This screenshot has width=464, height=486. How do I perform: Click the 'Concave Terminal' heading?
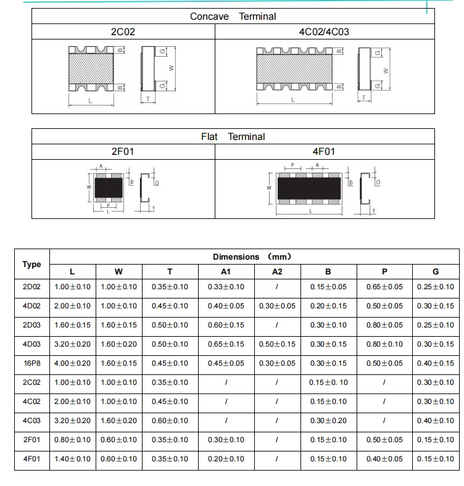point(233,17)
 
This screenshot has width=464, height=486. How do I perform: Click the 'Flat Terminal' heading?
point(233,137)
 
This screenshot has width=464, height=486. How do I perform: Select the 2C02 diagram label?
point(122,31)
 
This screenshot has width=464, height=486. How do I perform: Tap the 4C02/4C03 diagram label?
point(324,31)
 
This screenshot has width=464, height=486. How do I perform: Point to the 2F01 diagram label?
point(122,151)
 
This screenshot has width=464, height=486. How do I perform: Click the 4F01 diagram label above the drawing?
point(324,151)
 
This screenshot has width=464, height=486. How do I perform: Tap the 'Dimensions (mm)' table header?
point(252,257)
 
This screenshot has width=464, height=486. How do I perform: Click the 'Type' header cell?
point(31,264)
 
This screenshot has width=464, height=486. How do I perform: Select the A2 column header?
point(277,271)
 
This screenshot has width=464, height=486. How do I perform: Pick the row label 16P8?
point(31,363)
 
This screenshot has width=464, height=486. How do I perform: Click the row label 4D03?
point(31,344)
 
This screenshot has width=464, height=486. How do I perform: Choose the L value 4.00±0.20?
point(72,363)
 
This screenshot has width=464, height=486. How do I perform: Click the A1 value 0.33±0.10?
point(226,287)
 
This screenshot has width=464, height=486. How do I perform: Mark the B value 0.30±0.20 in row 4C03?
point(328,421)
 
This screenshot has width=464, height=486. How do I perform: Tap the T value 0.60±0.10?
point(170,421)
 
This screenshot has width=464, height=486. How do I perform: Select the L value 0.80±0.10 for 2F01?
point(72,440)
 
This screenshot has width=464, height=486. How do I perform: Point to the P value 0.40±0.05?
point(384,459)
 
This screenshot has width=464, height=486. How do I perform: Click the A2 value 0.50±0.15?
point(277,344)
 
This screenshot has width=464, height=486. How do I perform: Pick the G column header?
point(436,271)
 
